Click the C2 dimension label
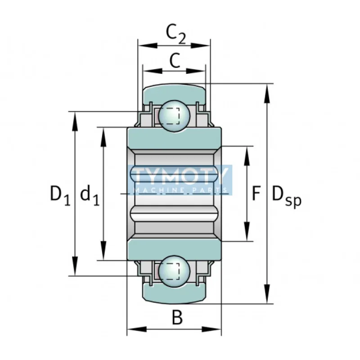point(175,35)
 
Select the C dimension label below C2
point(175,60)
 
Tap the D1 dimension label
point(60,195)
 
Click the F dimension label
point(256,193)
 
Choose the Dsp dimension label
point(287,196)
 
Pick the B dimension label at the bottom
point(177,317)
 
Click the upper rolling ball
point(174,116)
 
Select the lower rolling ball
point(174,271)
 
